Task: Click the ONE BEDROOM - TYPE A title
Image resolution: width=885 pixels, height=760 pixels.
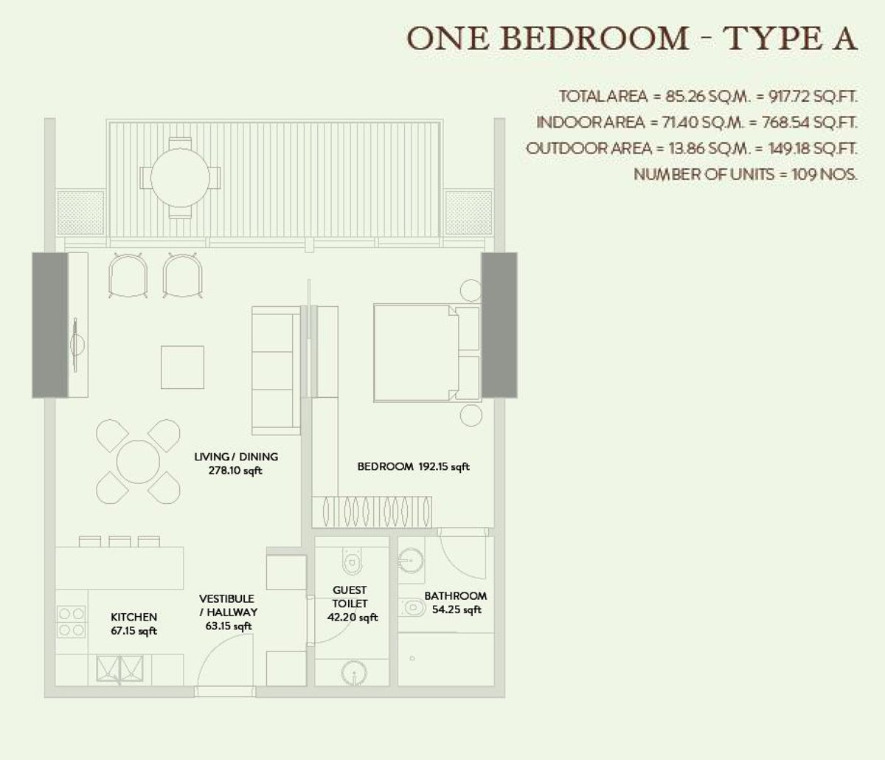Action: tap(632, 38)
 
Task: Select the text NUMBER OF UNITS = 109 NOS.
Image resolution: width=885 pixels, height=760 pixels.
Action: tap(746, 175)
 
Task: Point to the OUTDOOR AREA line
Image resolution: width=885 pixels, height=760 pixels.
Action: tap(691, 148)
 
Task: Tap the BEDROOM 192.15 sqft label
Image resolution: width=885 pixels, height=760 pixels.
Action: tap(413, 466)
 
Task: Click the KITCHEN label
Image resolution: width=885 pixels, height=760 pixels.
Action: tap(133, 623)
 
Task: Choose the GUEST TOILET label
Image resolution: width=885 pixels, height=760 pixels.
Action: tap(350, 604)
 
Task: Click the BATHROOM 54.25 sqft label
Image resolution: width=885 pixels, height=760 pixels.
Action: tap(455, 602)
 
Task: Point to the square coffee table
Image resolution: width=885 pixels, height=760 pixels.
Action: tap(183, 367)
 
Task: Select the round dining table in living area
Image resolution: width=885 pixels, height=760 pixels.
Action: tap(139, 462)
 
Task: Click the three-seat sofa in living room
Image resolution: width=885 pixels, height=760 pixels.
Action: tap(277, 370)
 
